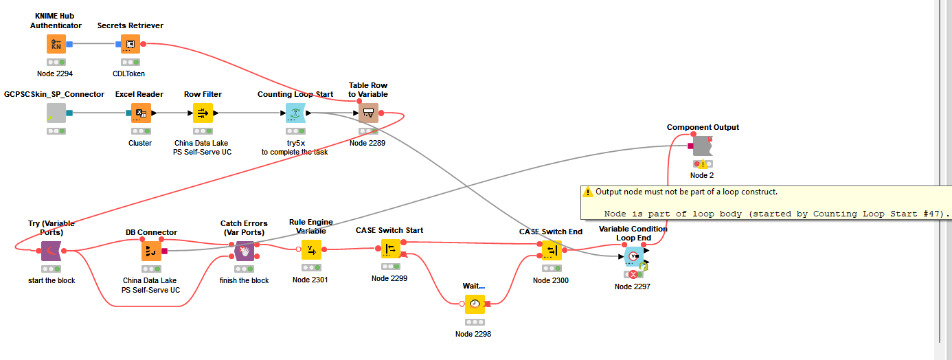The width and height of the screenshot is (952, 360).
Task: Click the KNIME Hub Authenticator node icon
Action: pyautogui.click(x=56, y=44)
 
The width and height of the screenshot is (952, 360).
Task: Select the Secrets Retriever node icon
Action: pyautogui.click(x=131, y=44)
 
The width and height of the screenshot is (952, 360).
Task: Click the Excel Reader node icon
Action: pyautogui.click(x=140, y=113)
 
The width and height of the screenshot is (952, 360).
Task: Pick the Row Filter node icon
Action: pyautogui.click(x=203, y=113)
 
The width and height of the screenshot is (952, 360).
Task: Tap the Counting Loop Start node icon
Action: pyautogui.click(x=295, y=113)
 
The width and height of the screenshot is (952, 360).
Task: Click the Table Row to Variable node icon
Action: pyautogui.click(x=368, y=113)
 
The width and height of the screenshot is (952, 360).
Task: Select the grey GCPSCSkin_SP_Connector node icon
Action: pyautogui.click(x=56, y=113)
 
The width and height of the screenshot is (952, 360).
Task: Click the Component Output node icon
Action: pyautogui.click(x=701, y=146)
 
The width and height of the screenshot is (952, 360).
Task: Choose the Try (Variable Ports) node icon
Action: pyautogui.click(x=52, y=251)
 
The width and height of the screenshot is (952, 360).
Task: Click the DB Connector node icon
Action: pyautogui.click(x=151, y=251)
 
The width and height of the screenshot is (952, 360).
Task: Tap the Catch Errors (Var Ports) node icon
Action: pyautogui.click(x=244, y=251)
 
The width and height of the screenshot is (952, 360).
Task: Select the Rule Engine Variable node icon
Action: pyautogui.click(x=311, y=249)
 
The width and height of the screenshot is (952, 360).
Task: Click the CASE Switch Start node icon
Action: pyautogui.click(x=389, y=249)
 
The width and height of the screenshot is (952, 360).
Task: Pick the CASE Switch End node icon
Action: pyautogui.click(x=551, y=250)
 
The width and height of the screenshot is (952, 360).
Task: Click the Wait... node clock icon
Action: pyautogui.click(x=474, y=304)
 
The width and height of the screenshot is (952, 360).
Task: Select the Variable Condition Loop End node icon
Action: pyautogui.click(x=633, y=257)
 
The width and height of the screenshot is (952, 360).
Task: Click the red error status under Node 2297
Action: pyautogui.click(x=633, y=274)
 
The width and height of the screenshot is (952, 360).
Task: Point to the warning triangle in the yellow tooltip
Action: pyautogui.click(x=588, y=192)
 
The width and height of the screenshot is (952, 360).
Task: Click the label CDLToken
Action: pyautogui.click(x=129, y=74)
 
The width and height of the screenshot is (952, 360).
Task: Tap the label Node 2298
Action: pyautogui.click(x=473, y=334)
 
